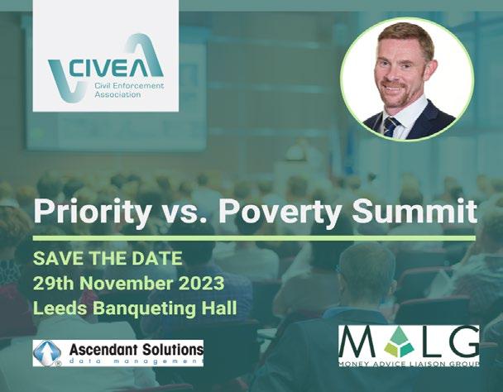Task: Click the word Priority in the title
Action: pyautogui.click(x=93, y=212)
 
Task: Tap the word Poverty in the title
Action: pyautogui.click(x=280, y=212)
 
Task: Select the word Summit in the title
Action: pyautogui.click(x=414, y=210)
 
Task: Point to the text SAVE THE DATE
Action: pyautogui.click(x=108, y=258)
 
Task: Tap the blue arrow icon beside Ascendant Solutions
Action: pyautogui.click(x=47, y=353)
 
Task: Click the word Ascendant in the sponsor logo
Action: pyautogui.click(x=103, y=349)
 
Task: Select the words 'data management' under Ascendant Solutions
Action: pyautogui.click(x=137, y=361)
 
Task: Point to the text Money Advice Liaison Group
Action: pyautogui.click(x=409, y=364)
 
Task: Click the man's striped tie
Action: pyautogui.click(x=391, y=127)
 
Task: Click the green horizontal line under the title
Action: pyautogui.click(x=254, y=238)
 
